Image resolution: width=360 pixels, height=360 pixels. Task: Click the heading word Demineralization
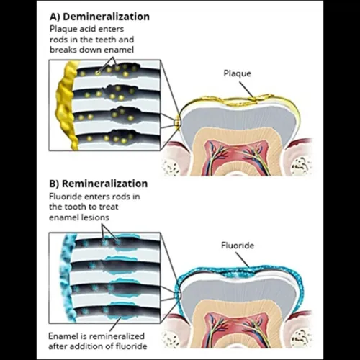pyautogui.click(x=106, y=17)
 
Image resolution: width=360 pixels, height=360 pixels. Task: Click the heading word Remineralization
pyautogui.click(x=105, y=184)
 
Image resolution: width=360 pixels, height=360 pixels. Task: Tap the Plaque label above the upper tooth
pyautogui.click(x=237, y=73)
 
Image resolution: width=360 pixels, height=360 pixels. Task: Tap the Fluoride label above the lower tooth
pyautogui.click(x=238, y=246)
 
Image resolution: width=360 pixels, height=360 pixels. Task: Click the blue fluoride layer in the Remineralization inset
pyautogui.click(x=68, y=279)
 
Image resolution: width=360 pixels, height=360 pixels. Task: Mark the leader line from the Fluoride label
pyautogui.click(x=243, y=260)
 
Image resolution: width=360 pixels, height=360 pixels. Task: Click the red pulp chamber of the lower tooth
pyautogui.click(x=237, y=330)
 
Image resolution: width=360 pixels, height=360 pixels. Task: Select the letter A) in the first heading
pyautogui.click(x=55, y=17)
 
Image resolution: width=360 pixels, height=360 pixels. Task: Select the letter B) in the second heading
pyautogui.click(x=55, y=184)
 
